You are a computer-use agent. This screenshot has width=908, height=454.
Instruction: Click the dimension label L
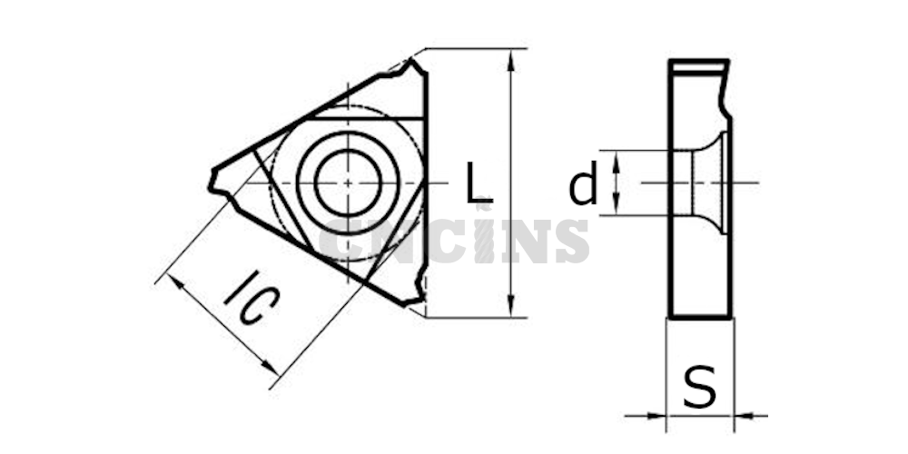[x=479, y=183]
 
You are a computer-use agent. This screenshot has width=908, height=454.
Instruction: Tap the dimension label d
[x=583, y=184]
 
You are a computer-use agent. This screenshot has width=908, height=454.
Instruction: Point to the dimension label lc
[x=252, y=297]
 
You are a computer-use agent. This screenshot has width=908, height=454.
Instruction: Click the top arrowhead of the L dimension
[x=510, y=60]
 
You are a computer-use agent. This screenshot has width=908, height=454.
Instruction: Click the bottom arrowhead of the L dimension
[x=510, y=306]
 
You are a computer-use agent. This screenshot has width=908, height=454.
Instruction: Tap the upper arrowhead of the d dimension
[x=617, y=160]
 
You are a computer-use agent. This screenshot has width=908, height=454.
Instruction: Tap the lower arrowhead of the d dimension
[x=617, y=205]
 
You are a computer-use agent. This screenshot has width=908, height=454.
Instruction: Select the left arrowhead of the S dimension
[x=656, y=415]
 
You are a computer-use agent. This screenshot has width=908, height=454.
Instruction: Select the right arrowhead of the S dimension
[x=745, y=415]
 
